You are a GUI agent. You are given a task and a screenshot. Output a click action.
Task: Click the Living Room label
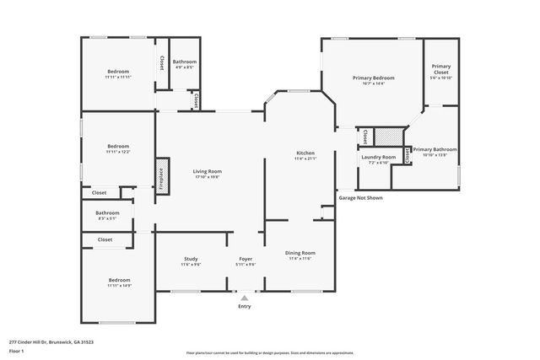tap(207, 174)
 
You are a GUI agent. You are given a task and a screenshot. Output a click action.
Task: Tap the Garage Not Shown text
tap(360, 198)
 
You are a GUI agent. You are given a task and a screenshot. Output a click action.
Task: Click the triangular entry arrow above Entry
tap(245, 297)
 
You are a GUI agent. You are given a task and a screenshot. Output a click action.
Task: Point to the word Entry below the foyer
tap(245, 306)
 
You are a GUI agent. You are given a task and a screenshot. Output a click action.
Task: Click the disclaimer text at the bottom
tap(269, 352)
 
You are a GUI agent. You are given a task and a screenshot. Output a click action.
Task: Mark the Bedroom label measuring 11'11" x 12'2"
tap(117, 148)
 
